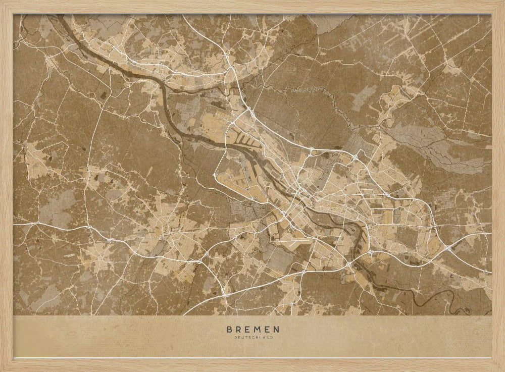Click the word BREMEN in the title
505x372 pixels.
[x=252, y=330]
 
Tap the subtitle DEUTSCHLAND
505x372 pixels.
[x=252, y=337]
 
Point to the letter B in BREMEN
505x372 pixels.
[x=230, y=330]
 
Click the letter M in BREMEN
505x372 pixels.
[x=257, y=330]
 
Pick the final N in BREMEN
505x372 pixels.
[x=276, y=330]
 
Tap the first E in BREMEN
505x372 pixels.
[x=247, y=330]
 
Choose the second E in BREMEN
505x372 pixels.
[x=267, y=330]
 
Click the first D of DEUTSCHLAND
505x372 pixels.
[x=236, y=337]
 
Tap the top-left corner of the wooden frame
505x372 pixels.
[x=3, y=3]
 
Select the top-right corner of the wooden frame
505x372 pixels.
[x=502, y=3]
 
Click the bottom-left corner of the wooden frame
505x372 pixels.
[x=3, y=369]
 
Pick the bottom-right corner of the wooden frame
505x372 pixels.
[x=502, y=369]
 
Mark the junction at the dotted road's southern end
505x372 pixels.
[x=215, y=175]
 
